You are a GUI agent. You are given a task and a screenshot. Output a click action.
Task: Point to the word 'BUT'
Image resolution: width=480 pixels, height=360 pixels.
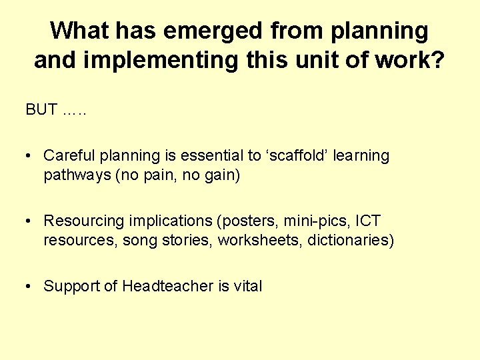(41, 110)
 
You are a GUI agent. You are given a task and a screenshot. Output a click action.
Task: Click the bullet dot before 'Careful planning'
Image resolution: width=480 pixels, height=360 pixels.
(29, 156)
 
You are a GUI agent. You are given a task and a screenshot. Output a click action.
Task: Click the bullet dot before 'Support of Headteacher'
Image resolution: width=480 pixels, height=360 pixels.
(29, 287)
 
